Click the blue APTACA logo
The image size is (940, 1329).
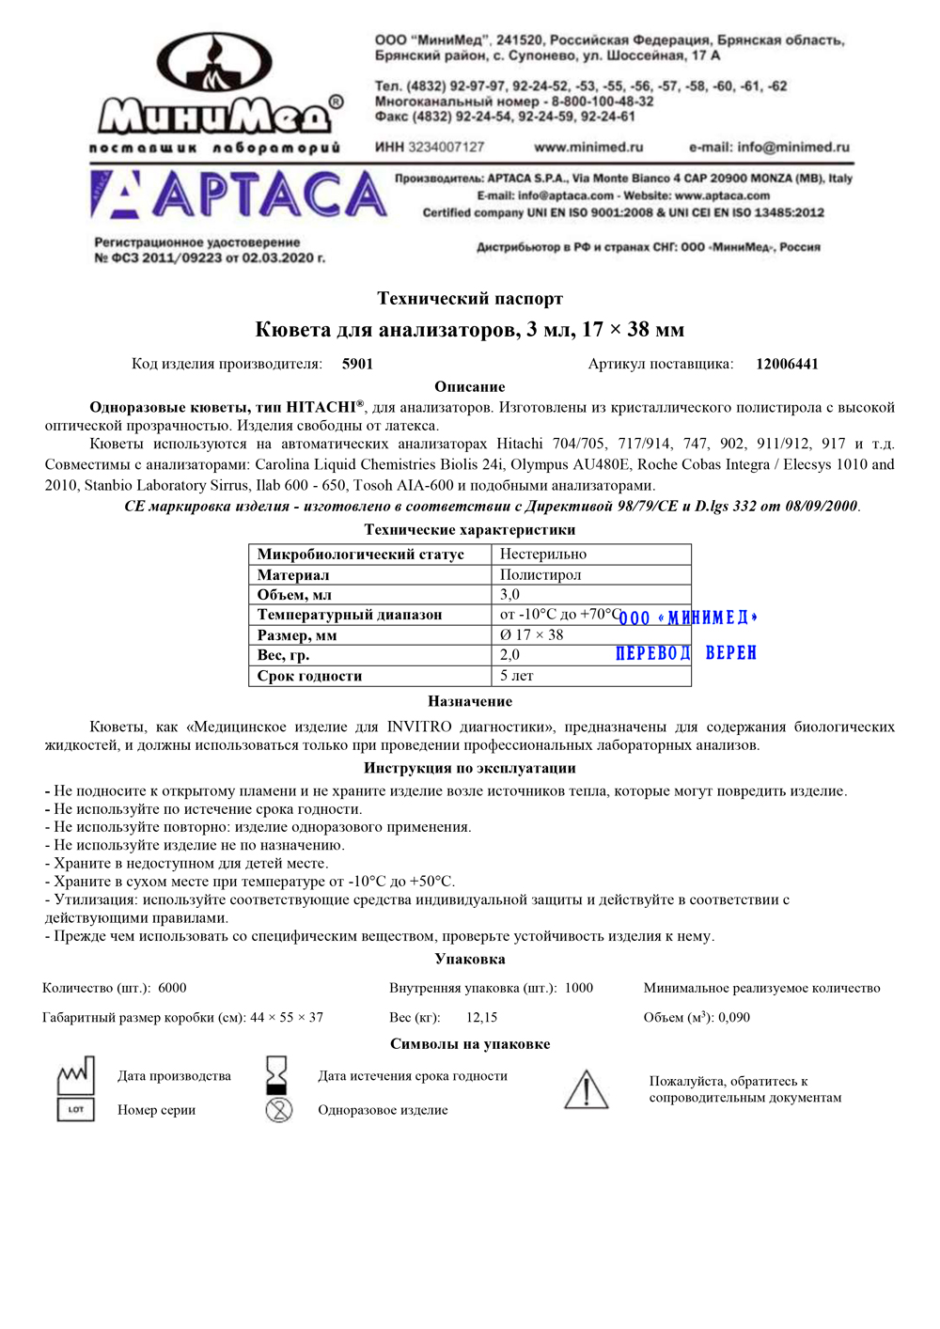240,195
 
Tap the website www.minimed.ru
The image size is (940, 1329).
588,148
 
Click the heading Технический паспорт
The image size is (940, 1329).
470,299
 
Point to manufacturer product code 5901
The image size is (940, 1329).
357,364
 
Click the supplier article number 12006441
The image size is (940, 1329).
787,364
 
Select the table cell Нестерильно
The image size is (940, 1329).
543,555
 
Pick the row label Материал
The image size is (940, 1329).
293,574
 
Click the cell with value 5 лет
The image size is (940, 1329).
517,675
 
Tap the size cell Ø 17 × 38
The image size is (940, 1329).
532,634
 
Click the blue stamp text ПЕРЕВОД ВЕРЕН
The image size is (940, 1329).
686,653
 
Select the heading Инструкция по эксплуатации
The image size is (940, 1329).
470,768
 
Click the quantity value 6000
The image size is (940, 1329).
172,988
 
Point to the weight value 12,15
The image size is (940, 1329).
481,1017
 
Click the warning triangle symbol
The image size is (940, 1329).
586,1089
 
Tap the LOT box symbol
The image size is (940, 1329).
76,1110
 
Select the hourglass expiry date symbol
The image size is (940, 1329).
276,1073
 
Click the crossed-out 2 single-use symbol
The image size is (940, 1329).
278,1110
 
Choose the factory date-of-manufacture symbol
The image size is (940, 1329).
75,1074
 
